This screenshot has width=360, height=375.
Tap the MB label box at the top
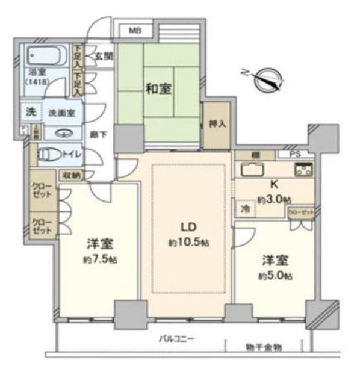coord(135,30)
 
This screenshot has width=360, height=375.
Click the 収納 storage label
coord(70,175)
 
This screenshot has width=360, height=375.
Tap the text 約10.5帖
coord(188,242)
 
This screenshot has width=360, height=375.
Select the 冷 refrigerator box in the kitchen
coord(245,208)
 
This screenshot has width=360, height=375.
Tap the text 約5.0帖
coord(277,276)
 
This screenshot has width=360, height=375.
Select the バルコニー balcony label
coord(176,339)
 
